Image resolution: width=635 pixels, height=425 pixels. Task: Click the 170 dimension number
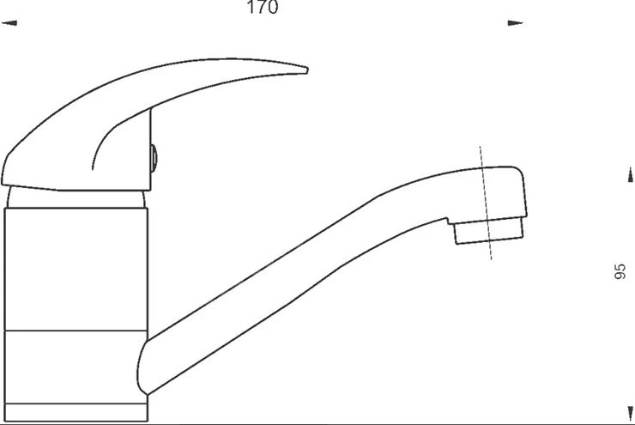click(x=263, y=7)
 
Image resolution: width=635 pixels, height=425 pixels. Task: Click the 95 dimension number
click(x=620, y=271)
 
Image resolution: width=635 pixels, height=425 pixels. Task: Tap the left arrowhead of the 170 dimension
click(x=9, y=23)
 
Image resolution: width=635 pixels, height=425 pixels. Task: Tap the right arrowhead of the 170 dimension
click(x=515, y=23)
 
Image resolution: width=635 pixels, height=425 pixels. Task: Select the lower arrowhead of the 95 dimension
click(x=630, y=413)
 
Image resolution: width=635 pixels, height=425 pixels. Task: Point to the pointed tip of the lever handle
click(x=307, y=70)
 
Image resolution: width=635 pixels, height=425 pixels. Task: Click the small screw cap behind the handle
click(x=154, y=158)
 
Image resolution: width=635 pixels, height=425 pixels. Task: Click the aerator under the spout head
click(x=489, y=231)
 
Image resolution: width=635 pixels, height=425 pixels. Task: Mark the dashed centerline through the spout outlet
click(x=486, y=203)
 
